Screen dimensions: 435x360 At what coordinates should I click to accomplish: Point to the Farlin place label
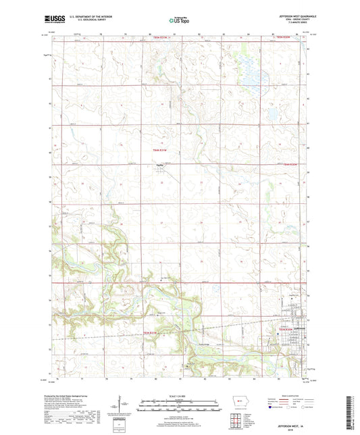(160, 168)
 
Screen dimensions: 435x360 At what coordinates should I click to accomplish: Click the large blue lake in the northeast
(253, 68)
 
